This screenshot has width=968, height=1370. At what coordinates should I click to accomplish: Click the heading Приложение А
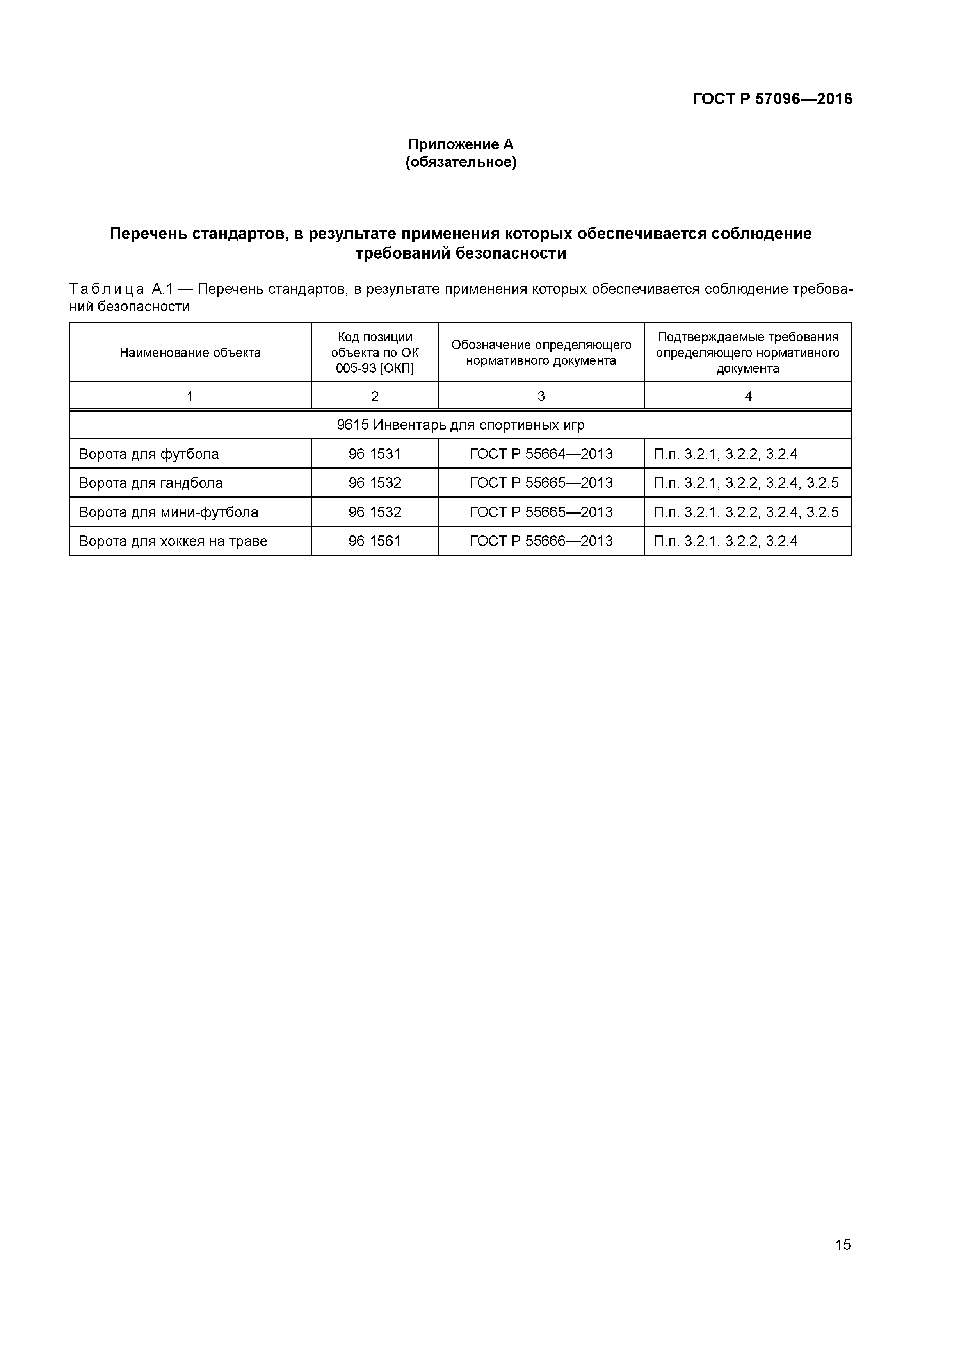(x=461, y=144)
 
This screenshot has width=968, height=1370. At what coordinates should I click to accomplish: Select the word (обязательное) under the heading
(x=461, y=162)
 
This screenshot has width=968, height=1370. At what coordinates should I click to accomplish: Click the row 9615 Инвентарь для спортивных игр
(x=461, y=425)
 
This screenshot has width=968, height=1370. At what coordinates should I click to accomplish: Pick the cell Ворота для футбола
(x=149, y=454)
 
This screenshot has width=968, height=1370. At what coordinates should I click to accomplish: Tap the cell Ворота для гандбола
(x=151, y=483)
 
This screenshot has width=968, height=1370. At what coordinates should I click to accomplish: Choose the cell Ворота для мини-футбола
(x=169, y=512)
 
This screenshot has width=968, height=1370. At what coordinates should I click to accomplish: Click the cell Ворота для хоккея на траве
(x=173, y=541)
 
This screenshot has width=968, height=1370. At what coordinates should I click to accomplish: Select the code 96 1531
(x=375, y=454)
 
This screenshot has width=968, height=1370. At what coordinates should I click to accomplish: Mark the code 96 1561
(x=375, y=541)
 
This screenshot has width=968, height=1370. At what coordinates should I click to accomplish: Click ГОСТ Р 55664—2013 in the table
(x=541, y=454)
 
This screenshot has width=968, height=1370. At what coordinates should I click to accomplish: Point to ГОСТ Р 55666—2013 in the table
(x=541, y=541)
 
